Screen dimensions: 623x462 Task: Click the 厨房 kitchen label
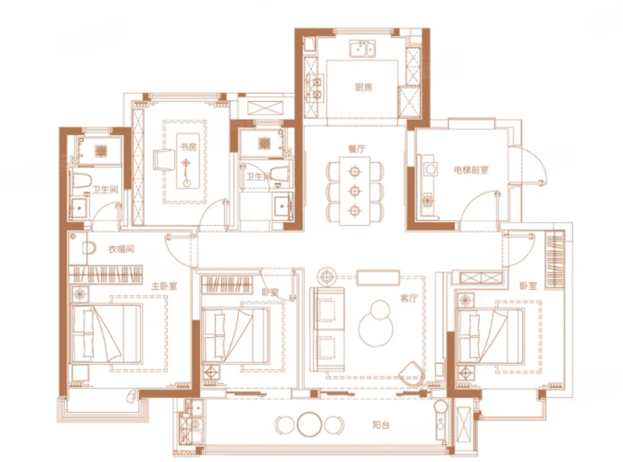click(364, 87)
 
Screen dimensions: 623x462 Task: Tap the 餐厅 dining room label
click(357, 149)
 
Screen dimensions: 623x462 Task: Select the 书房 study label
click(189, 147)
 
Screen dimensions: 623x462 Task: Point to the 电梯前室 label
click(471, 170)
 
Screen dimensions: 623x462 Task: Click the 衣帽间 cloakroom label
click(121, 249)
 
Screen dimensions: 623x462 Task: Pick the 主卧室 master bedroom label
click(164, 286)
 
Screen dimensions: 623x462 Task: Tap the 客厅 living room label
click(409, 298)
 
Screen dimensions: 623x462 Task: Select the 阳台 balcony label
click(381, 425)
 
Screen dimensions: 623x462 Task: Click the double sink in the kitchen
click(362, 49)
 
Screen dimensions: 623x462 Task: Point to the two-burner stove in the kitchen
click(316, 88)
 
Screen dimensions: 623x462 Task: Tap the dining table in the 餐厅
click(355, 191)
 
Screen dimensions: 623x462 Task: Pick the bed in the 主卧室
click(106, 333)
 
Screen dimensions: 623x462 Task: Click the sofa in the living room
click(327, 329)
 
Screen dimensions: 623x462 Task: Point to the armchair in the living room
click(412, 374)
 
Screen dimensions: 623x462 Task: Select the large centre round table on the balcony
click(309, 425)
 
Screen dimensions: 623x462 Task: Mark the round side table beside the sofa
click(327, 276)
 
